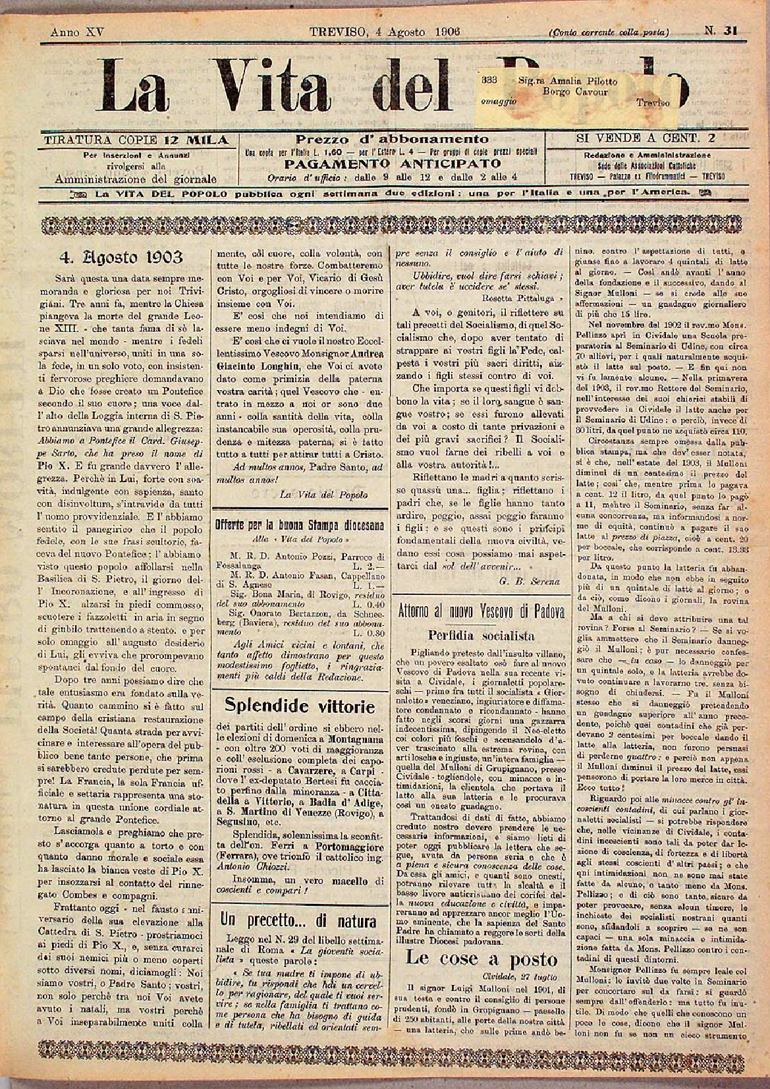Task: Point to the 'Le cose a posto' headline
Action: point(481,959)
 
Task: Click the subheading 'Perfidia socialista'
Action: point(481,636)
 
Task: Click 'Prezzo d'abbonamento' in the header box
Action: point(392,139)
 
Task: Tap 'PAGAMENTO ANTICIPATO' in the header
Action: point(392,163)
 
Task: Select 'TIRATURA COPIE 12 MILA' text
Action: point(135,140)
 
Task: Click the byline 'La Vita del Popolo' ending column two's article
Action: point(324,493)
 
